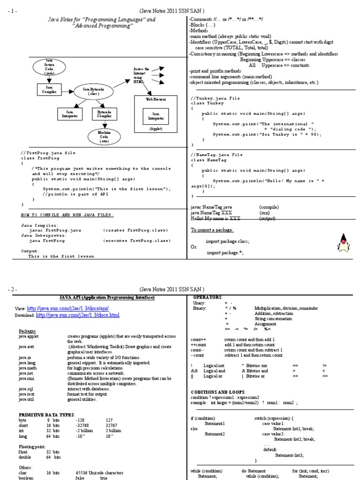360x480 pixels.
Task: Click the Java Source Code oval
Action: point(50,67)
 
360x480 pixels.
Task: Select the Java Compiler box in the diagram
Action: point(49,89)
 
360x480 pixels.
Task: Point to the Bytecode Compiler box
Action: point(104,114)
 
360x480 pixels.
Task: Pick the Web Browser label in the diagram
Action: point(156,100)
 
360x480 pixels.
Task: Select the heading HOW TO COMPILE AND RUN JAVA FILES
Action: point(67,215)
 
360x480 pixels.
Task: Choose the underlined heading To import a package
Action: point(212,230)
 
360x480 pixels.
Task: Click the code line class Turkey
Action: point(204,103)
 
